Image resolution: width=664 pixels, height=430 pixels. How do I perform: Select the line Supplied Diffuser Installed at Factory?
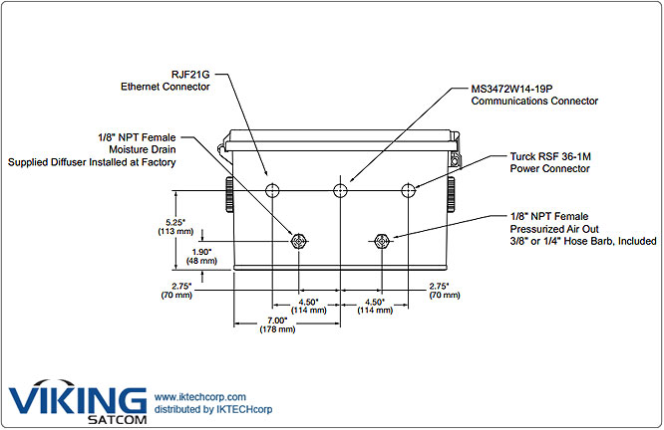pyautogui.click(x=93, y=161)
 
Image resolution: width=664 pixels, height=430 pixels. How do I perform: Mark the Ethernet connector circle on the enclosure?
pyautogui.click(x=272, y=190)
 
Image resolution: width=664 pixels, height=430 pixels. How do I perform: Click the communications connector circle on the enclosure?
pyautogui.click(x=341, y=190)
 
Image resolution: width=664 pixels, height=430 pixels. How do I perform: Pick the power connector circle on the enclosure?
pyautogui.click(x=408, y=190)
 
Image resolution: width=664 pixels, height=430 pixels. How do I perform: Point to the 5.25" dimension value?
pyautogui.click(x=191, y=223)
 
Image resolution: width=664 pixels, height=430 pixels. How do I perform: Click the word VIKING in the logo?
pyautogui.click(x=77, y=398)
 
